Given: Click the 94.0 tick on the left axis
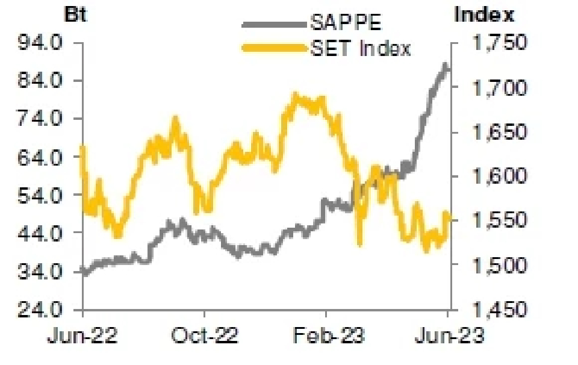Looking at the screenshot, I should pyautogui.click(x=43, y=43).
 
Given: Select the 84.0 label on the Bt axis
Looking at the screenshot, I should pyautogui.click(x=43, y=81).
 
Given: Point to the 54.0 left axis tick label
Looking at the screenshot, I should pyautogui.click(x=43, y=195).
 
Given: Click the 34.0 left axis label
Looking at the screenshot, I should pyautogui.click(x=43, y=272).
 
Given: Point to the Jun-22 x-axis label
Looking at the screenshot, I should pyautogui.click(x=83, y=335).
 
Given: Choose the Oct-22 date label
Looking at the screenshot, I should pyautogui.click(x=205, y=335).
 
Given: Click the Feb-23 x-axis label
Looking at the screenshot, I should pyautogui.click(x=327, y=335).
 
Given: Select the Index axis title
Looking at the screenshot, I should pyautogui.click(x=485, y=14).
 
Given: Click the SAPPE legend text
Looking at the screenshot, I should pyautogui.click(x=346, y=24).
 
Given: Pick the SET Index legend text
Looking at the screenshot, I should pyautogui.click(x=361, y=48).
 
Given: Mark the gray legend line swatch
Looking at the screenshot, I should pyautogui.click(x=274, y=25).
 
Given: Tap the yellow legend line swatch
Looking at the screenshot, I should pyautogui.click(x=274, y=48).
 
